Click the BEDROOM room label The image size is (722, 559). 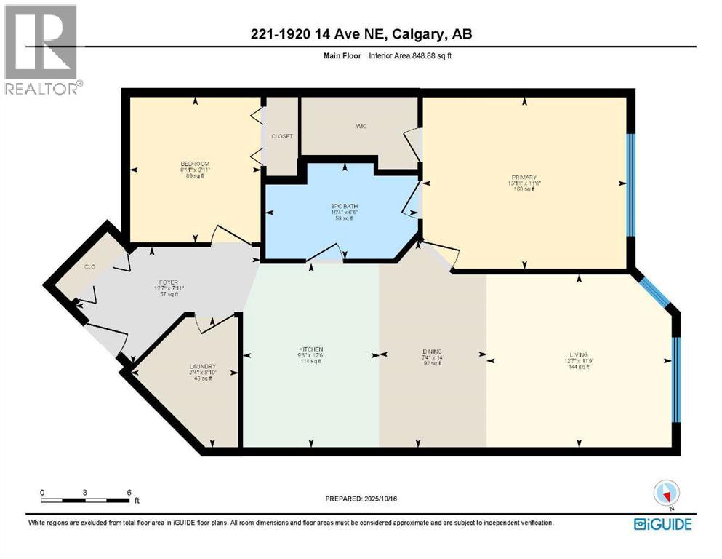[x=195, y=164]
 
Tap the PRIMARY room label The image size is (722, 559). [x=524, y=178]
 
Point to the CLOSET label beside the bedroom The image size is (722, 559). [x=281, y=136]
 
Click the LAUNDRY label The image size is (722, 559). [x=204, y=366]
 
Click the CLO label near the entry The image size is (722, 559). [x=90, y=267]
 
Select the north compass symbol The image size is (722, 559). [x=666, y=494]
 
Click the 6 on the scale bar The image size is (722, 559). [x=129, y=493]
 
